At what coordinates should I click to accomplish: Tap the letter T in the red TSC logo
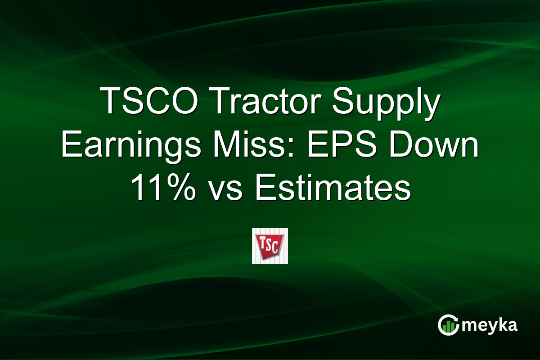[x=261, y=243]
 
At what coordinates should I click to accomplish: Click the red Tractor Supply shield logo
[x=270, y=246]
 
